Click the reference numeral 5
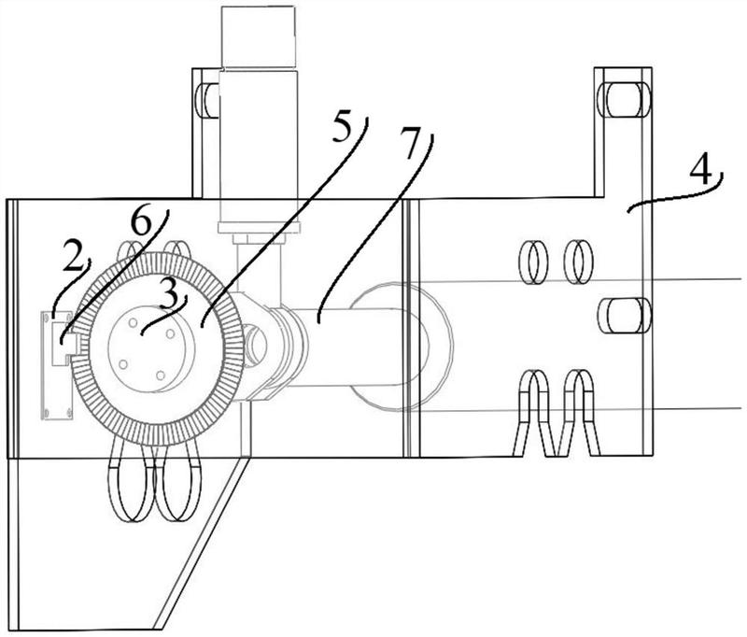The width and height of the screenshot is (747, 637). (342, 127)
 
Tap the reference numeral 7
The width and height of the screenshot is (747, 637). (410, 143)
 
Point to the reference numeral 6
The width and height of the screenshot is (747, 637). (141, 222)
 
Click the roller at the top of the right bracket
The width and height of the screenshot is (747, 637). (624, 100)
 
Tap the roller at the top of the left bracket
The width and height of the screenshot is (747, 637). (207, 101)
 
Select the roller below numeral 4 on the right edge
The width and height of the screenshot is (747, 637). (624, 316)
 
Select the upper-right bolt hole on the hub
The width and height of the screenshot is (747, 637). (170, 333)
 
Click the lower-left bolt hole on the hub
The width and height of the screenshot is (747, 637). (123, 364)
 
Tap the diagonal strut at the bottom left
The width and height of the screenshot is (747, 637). (199, 544)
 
